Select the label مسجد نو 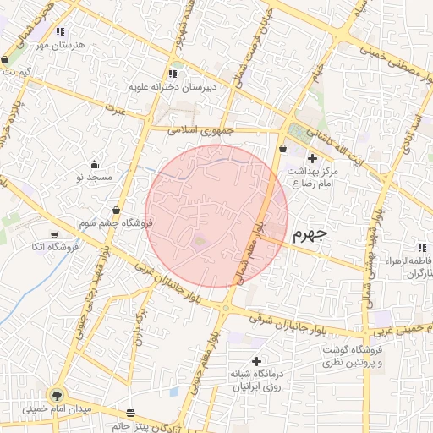(x=93, y=178)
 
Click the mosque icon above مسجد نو (x=93, y=164)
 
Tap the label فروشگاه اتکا (x=54, y=247)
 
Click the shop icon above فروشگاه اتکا (x=54, y=234)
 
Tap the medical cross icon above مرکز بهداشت (x=312, y=158)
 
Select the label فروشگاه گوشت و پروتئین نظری (x=351, y=356)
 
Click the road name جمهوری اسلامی (x=200, y=131)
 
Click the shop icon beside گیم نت (x=7, y=61)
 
